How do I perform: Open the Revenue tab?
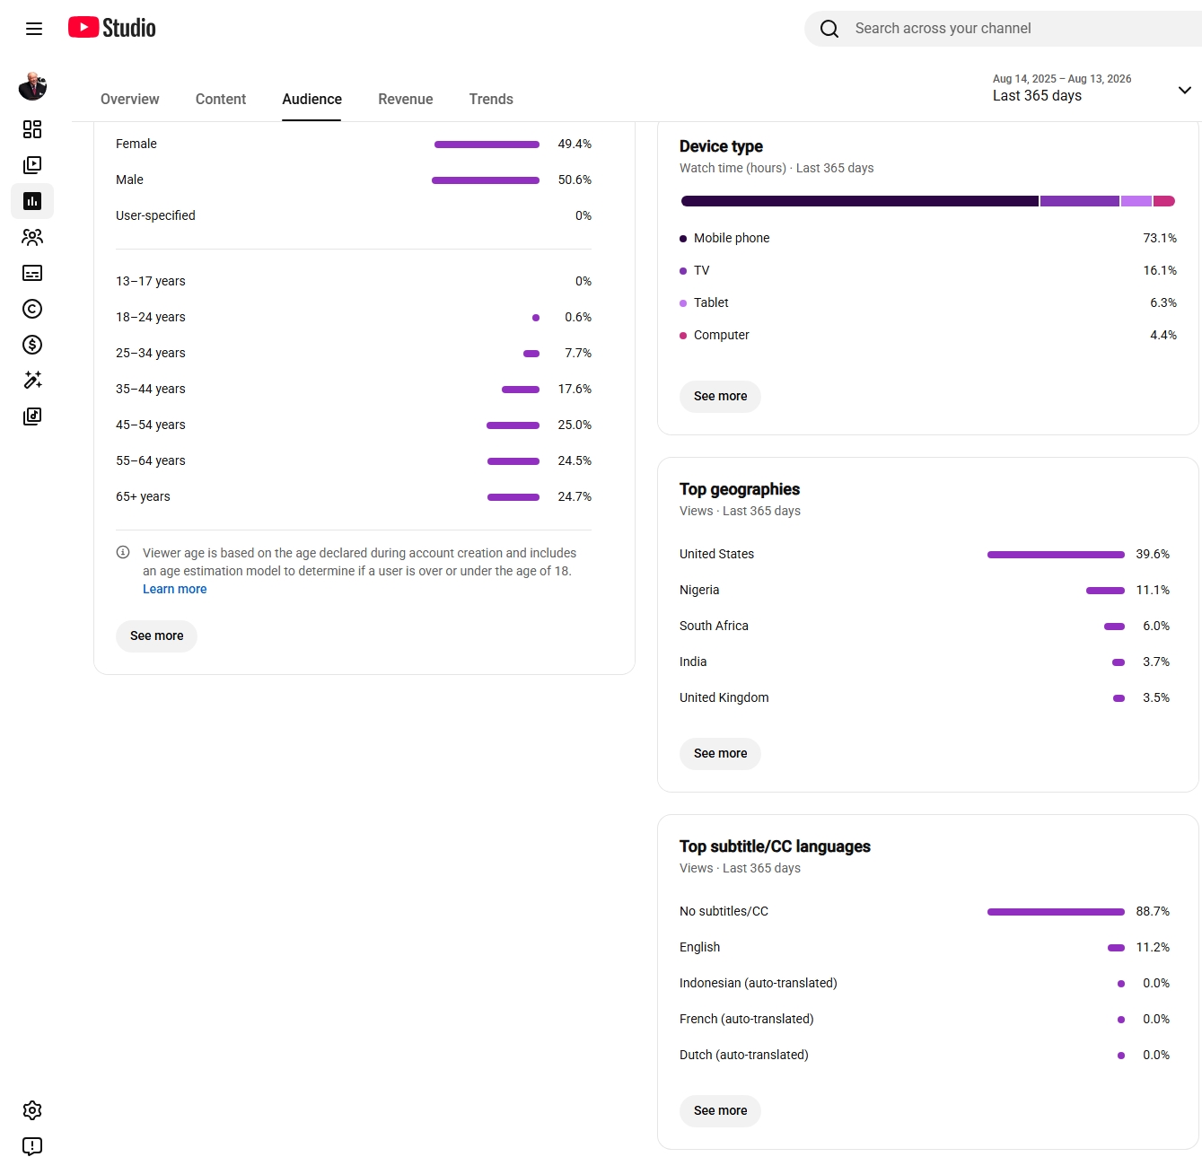pos(405,99)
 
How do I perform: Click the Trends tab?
pos(491,99)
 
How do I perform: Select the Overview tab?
pos(129,99)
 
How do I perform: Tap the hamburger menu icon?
pos(34,29)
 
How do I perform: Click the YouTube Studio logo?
pos(112,28)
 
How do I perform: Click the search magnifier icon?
pos(829,29)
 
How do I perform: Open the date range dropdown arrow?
pos(1184,90)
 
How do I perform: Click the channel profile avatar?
pos(32,86)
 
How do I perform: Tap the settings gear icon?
pos(32,1110)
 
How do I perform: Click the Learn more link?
pos(175,589)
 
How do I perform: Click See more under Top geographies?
pos(720,753)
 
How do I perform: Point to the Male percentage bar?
pos(486,180)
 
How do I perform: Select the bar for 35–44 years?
pos(521,390)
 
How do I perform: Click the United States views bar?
pos(1056,555)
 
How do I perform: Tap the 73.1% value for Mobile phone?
pos(1160,238)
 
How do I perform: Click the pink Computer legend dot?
pos(683,336)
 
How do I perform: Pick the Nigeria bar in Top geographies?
pos(1105,591)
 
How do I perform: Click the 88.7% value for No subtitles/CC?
pos(1153,911)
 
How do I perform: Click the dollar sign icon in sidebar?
pos(32,345)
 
